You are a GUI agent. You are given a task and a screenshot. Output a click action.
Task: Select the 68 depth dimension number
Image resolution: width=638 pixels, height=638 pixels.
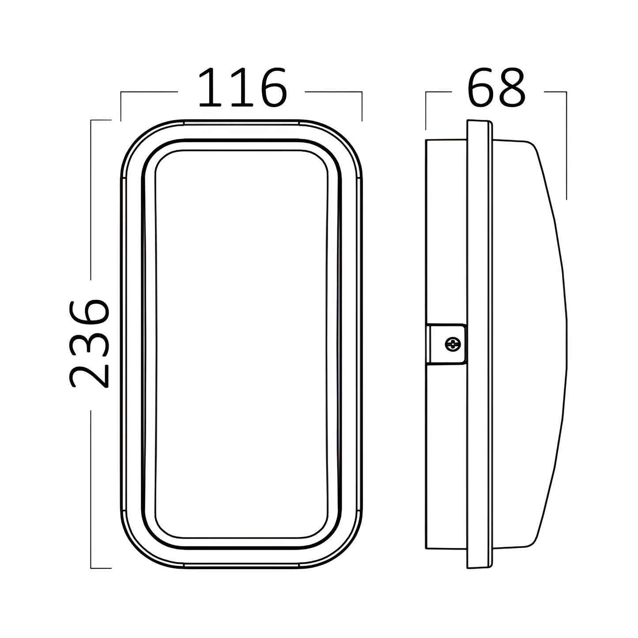(496, 87)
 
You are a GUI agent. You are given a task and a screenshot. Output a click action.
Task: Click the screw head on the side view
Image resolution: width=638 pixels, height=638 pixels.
(453, 344)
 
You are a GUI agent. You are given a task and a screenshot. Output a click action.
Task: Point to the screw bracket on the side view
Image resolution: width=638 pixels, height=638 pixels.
(445, 344)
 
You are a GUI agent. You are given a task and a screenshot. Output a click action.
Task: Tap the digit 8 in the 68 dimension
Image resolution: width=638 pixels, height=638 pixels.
(512, 87)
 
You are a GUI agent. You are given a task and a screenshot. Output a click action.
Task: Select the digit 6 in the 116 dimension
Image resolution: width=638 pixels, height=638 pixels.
(273, 87)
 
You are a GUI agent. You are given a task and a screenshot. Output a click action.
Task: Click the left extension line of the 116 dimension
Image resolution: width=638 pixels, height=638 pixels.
(121, 106)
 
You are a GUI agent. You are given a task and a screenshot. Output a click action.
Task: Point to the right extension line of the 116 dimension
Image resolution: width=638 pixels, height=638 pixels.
(362, 106)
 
